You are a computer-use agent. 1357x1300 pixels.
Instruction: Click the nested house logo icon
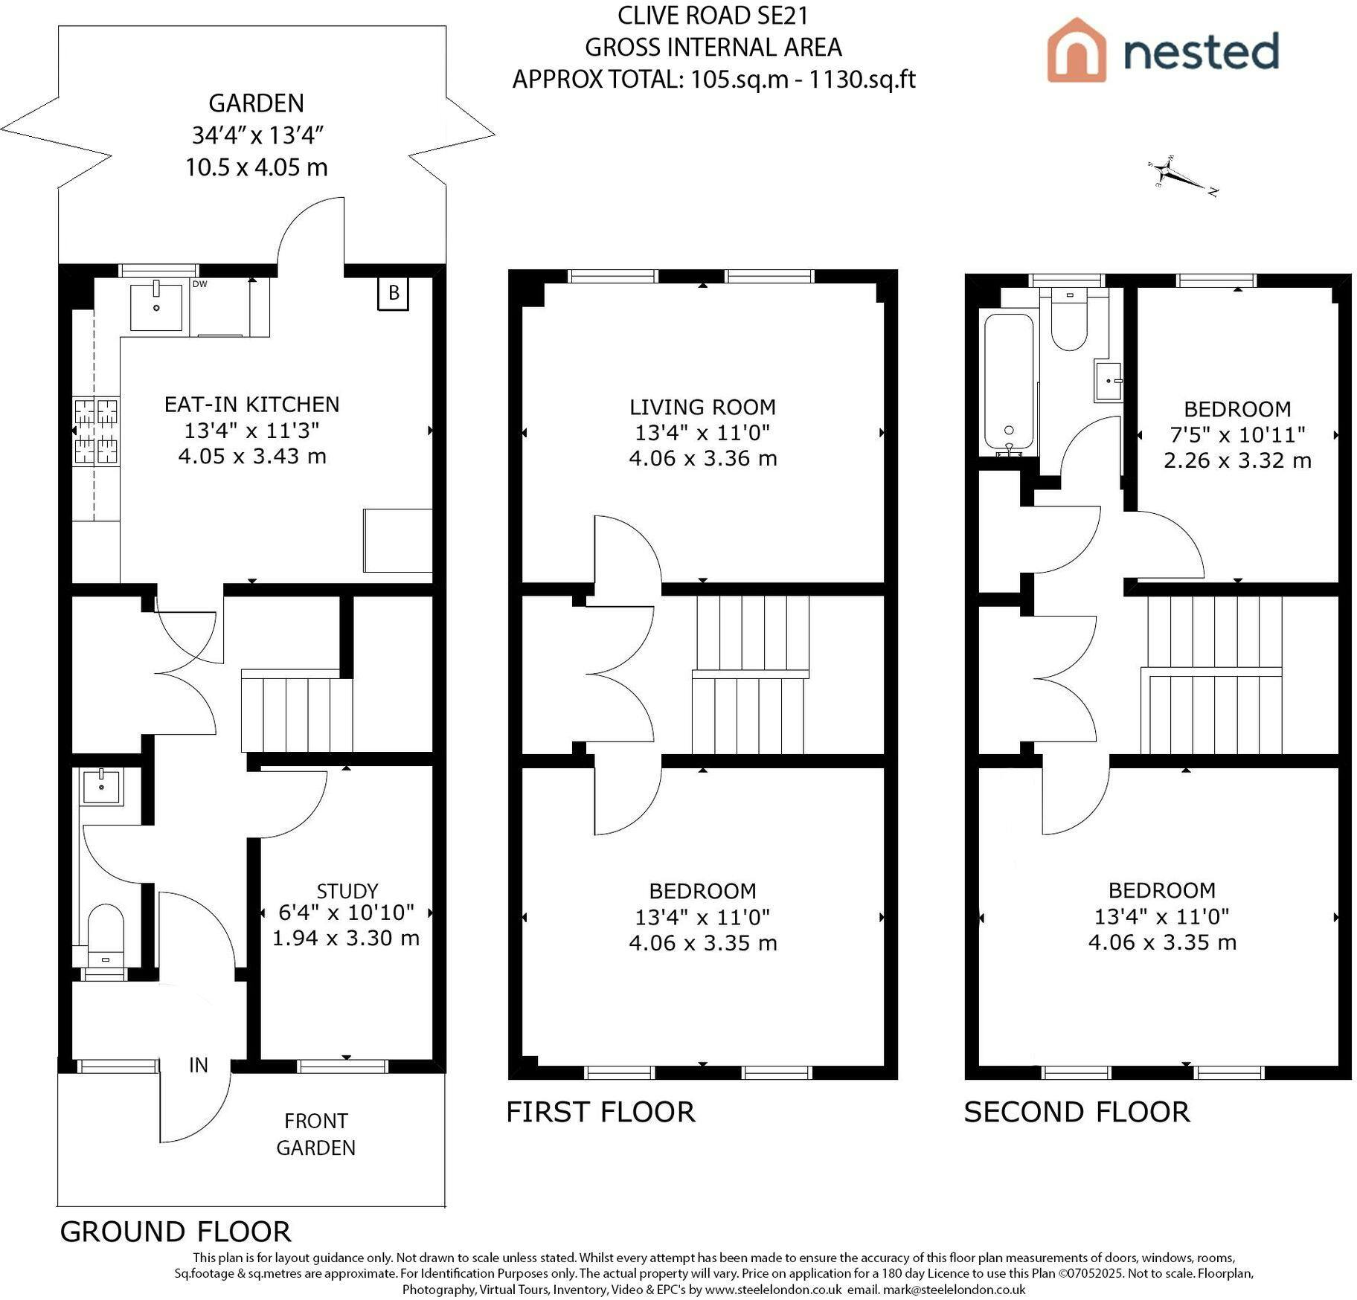(1076, 50)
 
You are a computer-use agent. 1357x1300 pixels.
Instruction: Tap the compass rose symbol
(1182, 176)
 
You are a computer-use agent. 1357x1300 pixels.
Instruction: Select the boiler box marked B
(394, 293)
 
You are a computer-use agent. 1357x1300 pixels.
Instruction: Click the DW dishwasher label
(199, 284)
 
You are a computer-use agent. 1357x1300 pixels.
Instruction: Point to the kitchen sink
(156, 306)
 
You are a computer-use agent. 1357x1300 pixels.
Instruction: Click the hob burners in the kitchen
(96, 431)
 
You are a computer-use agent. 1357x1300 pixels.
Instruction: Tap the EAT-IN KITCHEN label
(252, 405)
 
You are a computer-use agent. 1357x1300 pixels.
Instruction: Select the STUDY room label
(347, 891)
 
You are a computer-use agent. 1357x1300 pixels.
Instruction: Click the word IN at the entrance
(199, 1066)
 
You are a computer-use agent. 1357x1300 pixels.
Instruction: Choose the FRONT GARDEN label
(316, 1134)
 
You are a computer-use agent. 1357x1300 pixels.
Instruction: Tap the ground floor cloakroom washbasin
(102, 786)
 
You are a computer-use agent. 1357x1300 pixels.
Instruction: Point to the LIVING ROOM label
(703, 408)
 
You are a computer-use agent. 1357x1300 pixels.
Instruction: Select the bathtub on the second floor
(1009, 384)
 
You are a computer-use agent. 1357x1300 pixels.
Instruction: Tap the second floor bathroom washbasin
(1109, 382)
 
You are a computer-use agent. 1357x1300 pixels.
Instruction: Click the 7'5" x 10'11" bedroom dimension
(1238, 434)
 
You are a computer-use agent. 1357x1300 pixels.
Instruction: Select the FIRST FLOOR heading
(600, 1113)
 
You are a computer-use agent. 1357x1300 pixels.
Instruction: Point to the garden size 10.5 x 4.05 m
(257, 167)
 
